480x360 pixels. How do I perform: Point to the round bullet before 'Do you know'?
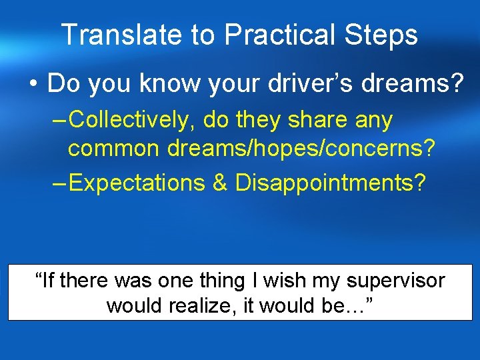(33, 85)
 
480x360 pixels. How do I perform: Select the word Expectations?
(137, 182)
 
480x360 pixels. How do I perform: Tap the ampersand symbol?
(220, 182)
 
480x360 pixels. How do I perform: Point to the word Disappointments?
(330, 182)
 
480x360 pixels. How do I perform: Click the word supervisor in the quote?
(395, 281)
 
